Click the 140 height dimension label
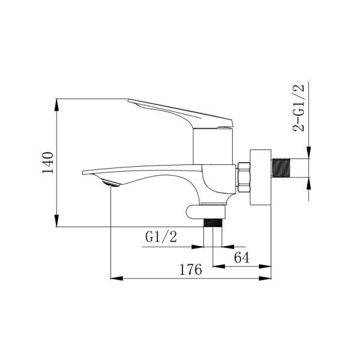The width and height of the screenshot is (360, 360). tap(48, 163)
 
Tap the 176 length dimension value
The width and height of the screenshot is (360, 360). tap(191, 269)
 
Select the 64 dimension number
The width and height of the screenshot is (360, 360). tap(242, 257)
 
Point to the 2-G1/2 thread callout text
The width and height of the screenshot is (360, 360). tap(299, 108)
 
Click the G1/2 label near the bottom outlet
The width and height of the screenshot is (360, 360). tap(161, 237)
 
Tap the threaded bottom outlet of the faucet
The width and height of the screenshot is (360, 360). tap(213, 223)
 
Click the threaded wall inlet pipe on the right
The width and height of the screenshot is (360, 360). tap(281, 168)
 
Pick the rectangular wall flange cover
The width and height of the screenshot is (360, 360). tap(260, 177)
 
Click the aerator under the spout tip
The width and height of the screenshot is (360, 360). tap(111, 183)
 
